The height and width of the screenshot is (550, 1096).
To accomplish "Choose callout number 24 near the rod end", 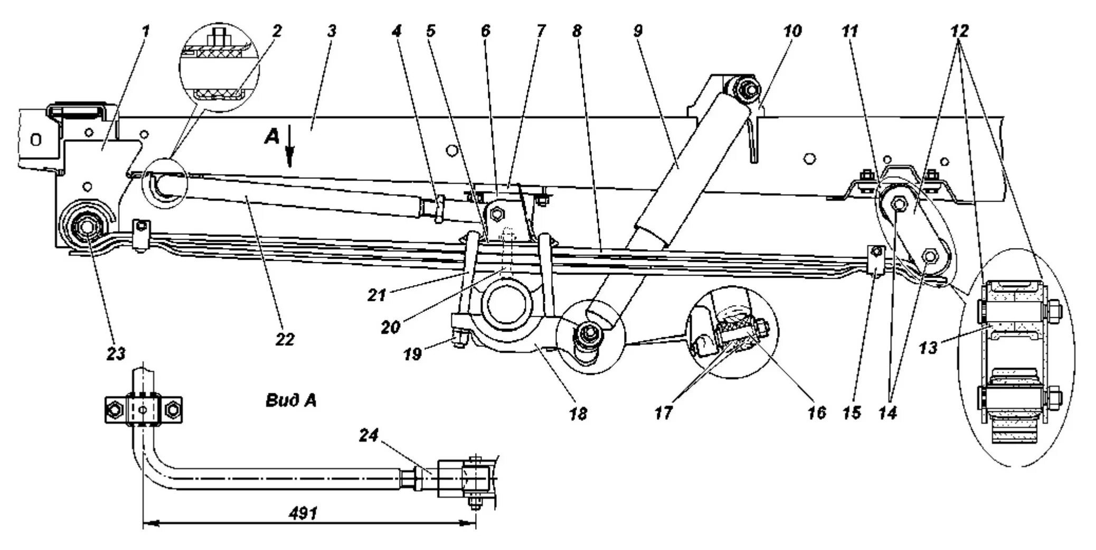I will pos(369,436).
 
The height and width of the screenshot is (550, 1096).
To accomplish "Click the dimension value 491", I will pos(304,513).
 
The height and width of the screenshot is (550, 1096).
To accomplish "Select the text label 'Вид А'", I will pos(291,401).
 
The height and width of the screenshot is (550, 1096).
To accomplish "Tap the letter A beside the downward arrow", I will pos(272,138).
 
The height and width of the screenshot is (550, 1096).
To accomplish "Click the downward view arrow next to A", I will pos(289,153).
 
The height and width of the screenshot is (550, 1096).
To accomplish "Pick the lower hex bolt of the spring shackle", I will pos(930,257).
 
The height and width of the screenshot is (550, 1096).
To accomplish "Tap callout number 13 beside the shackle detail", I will pos(928,348).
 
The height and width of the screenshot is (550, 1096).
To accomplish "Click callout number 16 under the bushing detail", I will pos(816,413).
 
